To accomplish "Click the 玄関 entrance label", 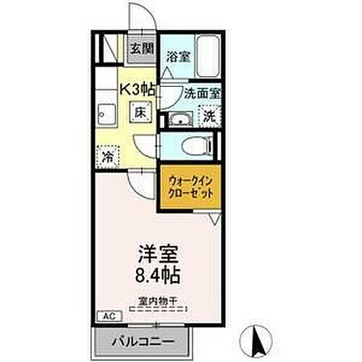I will coord(143,49).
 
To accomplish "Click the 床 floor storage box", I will coord(140,113).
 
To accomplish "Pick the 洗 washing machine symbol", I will coord(209,117).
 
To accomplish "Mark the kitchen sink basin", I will coord(104,113).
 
